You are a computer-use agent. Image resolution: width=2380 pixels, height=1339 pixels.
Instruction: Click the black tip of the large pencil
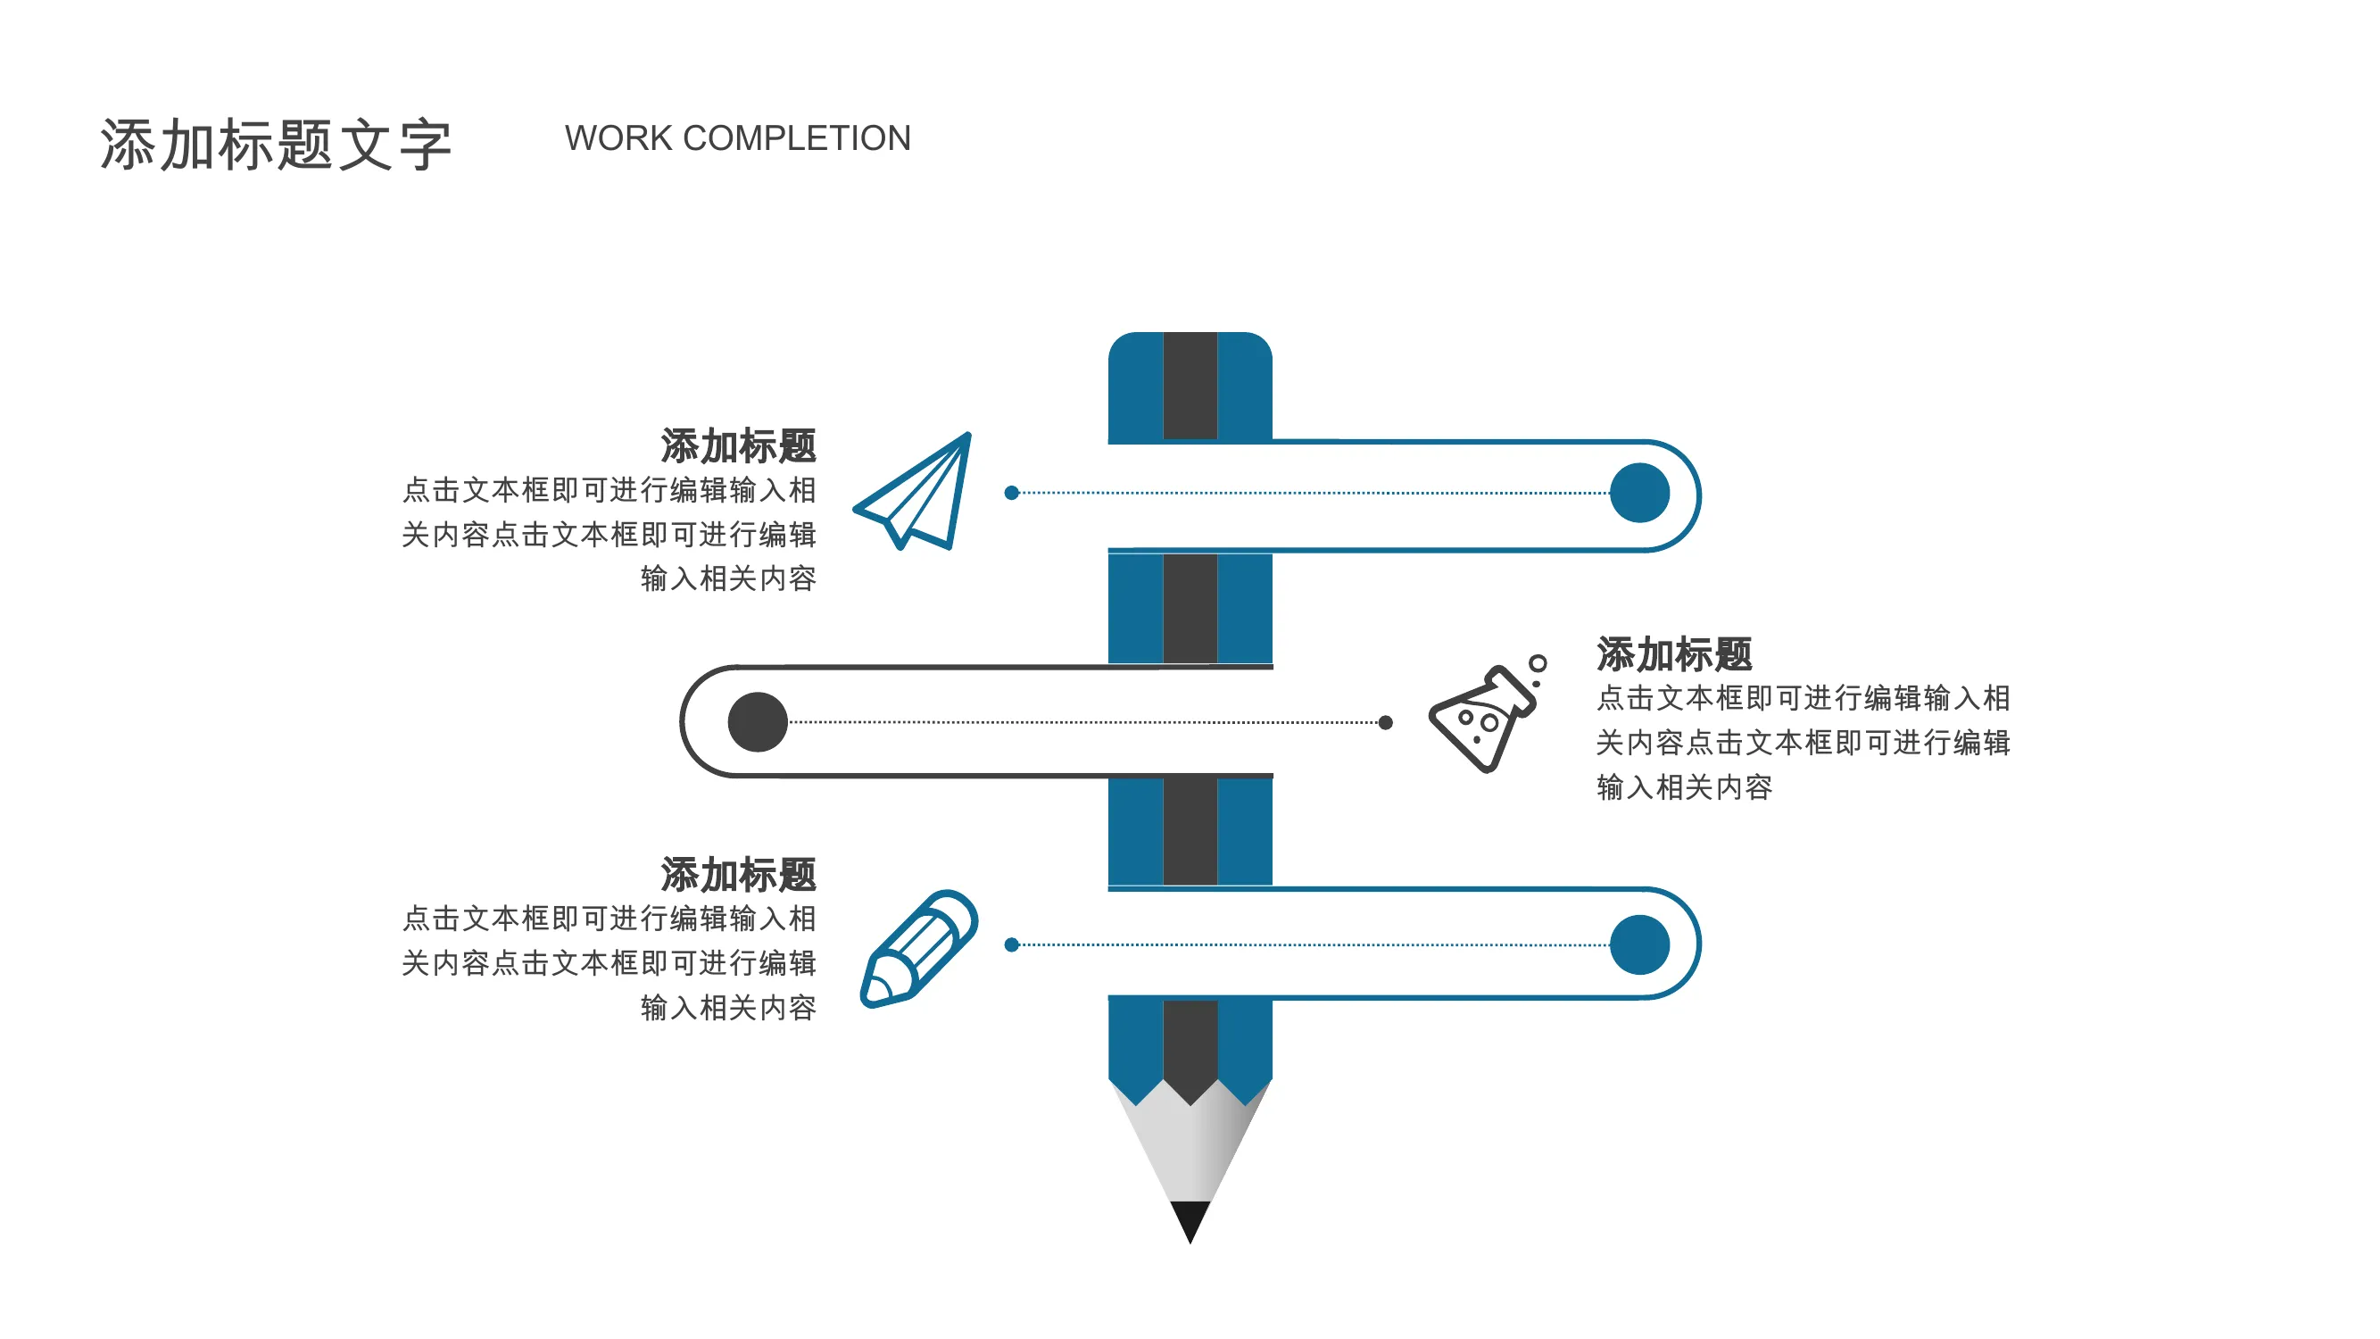pyautogui.click(x=1190, y=1220)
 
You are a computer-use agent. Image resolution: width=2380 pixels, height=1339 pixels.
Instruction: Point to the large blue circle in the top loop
pyautogui.click(x=1639, y=493)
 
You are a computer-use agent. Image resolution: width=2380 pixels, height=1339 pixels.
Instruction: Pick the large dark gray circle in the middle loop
pyautogui.click(x=758, y=721)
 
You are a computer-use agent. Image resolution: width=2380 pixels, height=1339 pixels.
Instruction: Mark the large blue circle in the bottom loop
pyautogui.click(x=1639, y=944)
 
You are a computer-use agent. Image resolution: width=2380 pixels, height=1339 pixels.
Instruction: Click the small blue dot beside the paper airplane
pyautogui.click(x=1012, y=493)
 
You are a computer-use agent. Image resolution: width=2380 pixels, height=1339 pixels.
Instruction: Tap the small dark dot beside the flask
pyautogui.click(x=1385, y=723)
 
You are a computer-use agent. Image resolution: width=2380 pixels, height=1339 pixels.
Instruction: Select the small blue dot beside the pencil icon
pyautogui.click(x=1012, y=944)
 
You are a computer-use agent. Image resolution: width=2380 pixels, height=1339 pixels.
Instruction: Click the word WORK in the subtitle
pyautogui.click(x=618, y=138)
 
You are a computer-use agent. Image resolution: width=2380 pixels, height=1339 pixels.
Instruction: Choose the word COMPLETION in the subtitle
pyautogui.click(x=796, y=138)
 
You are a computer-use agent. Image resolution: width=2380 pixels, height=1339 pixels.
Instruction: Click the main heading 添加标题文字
pyautogui.click(x=277, y=146)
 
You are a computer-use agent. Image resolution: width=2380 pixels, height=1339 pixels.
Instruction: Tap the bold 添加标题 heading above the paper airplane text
pyautogui.click(x=738, y=446)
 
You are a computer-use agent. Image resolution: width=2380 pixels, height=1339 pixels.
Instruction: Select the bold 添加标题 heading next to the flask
pyautogui.click(x=1674, y=654)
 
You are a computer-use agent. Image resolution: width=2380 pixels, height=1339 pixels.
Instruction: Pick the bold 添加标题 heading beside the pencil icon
pyautogui.click(x=738, y=875)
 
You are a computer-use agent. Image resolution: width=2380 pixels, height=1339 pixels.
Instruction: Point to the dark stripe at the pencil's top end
pyautogui.click(x=1190, y=386)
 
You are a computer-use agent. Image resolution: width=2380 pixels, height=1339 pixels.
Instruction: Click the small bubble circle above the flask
pyautogui.click(x=1538, y=663)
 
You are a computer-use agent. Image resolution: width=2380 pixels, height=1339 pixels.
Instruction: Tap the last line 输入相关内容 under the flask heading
pyautogui.click(x=1684, y=787)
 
